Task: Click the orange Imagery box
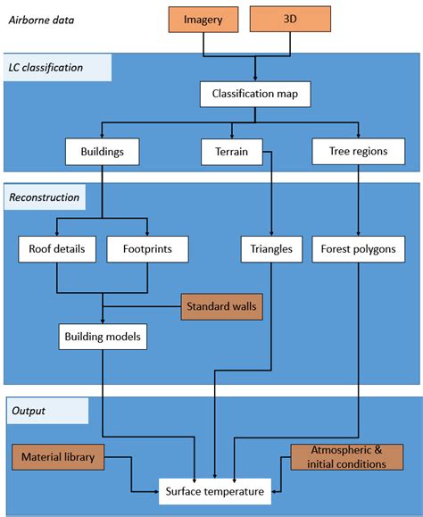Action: [203, 20]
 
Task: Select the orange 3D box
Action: [289, 19]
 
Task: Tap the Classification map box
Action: [254, 94]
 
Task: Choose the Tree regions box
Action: [359, 152]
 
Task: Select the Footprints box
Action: [146, 249]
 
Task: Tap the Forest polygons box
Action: [359, 249]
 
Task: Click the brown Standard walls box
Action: [221, 307]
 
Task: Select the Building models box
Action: [104, 337]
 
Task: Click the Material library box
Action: [59, 458]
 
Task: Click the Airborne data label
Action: [44, 19]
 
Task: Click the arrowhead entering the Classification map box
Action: [255, 78]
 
